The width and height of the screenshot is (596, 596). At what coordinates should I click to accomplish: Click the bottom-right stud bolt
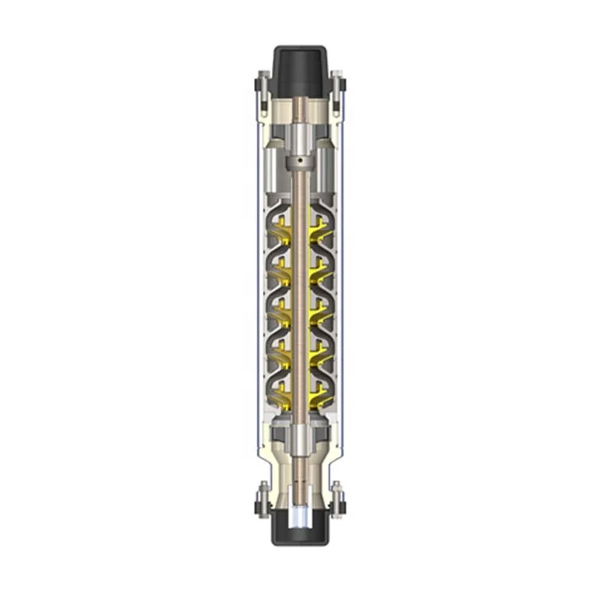coord(337,500)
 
